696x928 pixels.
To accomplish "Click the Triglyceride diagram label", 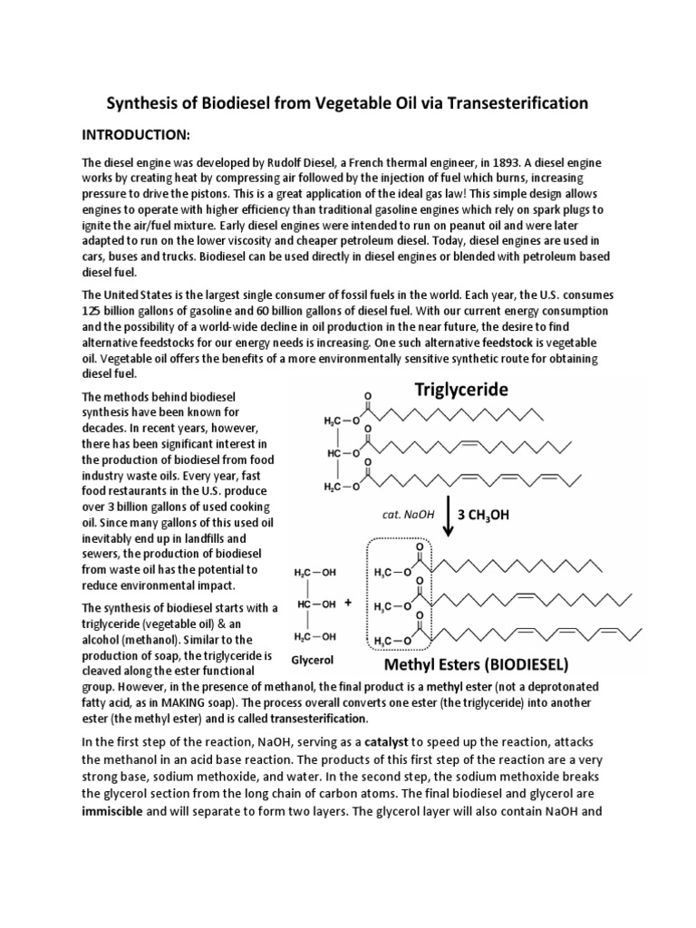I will coord(462,390).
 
